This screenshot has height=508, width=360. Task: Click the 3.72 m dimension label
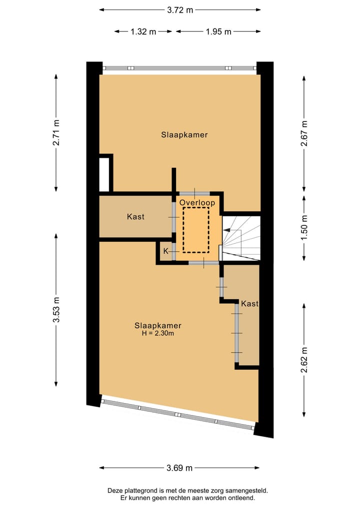179,9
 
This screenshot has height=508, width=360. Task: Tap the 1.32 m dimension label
143,31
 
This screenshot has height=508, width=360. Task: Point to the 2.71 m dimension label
56,132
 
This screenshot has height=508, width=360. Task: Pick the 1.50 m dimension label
303,228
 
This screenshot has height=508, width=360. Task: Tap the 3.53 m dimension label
56,310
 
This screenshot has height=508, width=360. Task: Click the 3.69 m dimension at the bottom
179,468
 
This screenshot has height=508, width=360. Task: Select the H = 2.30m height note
157,334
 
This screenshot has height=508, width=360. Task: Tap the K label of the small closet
166,251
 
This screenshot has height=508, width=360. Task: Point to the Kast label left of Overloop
135,217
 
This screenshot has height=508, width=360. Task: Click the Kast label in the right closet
249,304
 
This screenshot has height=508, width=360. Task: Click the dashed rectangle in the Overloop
196,230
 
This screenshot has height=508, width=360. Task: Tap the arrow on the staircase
228,230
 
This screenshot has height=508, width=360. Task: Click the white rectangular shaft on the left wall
104,174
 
